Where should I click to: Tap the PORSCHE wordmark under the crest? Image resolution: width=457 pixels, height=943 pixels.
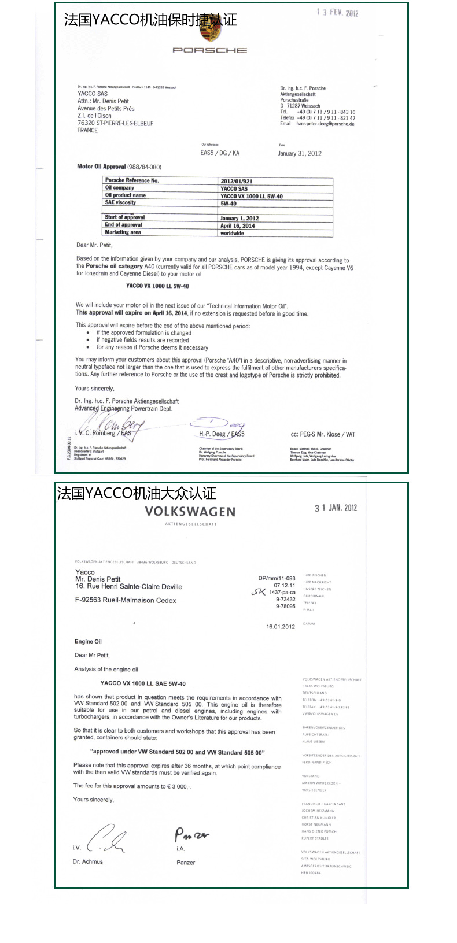point(209,51)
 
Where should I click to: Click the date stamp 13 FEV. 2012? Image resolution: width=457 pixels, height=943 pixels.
point(337,12)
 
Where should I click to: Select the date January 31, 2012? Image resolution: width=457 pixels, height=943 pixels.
point(299,153)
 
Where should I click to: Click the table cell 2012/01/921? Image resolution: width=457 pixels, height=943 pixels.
point(237,182)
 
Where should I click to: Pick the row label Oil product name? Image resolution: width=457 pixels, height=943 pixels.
point(126,195)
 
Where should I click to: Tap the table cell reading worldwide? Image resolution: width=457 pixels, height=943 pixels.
point(232,233)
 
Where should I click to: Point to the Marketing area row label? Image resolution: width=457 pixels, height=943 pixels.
point(123,232)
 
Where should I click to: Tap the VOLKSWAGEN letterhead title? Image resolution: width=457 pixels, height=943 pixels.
point(190,512)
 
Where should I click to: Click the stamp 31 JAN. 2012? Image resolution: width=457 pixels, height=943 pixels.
point(336,508)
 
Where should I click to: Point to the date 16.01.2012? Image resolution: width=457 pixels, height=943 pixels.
point(281,627)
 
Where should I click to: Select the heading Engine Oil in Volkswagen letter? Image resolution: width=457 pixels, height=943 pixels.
point(88,641)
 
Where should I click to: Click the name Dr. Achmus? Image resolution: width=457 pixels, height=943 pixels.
point(88,861)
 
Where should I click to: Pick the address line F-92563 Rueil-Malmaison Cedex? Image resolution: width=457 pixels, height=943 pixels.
point(126,600)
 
